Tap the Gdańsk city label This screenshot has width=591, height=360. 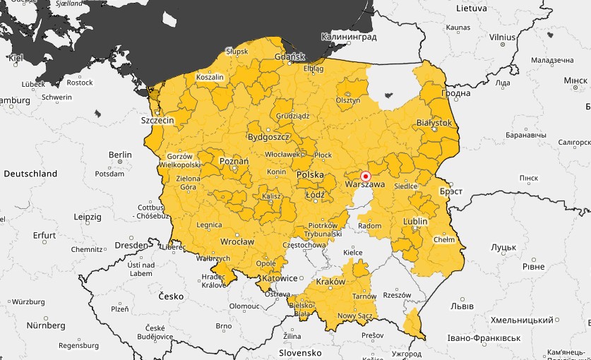point(289,56)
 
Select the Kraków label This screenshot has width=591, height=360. point(331,281)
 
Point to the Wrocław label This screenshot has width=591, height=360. point(237,241)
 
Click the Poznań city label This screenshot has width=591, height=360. point(234,161)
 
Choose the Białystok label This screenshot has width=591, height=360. point(434,122)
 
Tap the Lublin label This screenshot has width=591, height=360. point(415,221)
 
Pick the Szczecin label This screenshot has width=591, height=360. point(157,121)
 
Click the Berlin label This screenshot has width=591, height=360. point(120,155)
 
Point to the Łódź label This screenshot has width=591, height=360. point(315,194)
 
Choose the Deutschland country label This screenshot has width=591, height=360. point(30,173)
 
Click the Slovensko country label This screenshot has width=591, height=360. point(299,352)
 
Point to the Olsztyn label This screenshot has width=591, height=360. point(347,100)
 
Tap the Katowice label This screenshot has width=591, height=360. point(278,278)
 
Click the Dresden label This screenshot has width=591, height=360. point(128,245)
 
